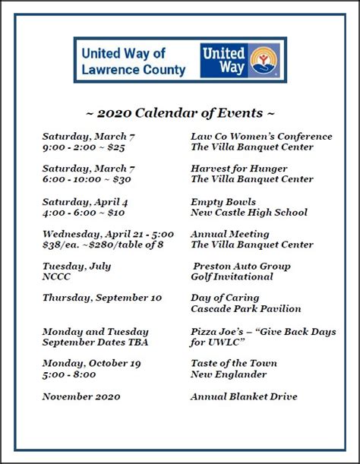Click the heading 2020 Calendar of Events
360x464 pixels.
[180, 113]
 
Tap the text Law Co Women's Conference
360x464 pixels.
[261, 137]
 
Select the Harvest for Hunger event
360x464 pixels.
[242, 169]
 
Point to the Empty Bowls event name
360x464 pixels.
[223, 202]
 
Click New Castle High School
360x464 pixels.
[249, 213]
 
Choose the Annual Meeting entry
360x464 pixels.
[230, 235]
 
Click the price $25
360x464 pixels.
[115, 147]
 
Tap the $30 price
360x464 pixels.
[122, 180]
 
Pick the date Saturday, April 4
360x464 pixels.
[85, 202]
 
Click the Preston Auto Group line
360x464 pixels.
[242, 267]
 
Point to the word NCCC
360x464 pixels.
[57, 277]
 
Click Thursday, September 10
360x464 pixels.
[102, 298]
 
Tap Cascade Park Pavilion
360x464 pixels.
[246, 309]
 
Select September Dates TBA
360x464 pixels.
[95, 342]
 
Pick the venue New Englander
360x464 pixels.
[229, 374]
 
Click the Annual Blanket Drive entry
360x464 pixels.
[244, 397]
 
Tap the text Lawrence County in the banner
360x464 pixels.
[133, 70]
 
